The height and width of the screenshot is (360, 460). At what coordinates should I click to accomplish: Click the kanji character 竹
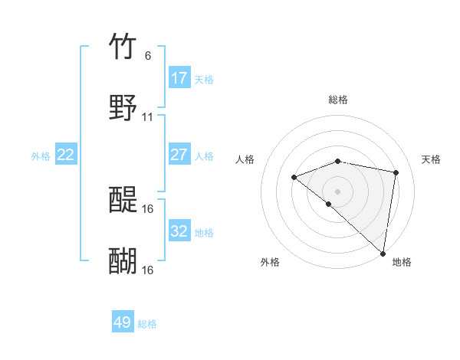pyautogui.click(x=123, y=47)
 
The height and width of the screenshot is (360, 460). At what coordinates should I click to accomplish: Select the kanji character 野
pyautogui.click(x=123, y=108)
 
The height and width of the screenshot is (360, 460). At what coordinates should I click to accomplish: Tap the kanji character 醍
pyautogui.click(x=123, y=200)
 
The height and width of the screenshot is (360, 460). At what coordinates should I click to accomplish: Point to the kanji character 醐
pyautogui.click(x=123, y=261)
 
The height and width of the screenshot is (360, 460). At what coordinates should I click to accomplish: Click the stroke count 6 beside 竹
pyautogui.click(x=147, y=55)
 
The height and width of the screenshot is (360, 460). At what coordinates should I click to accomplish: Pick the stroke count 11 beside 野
pyautogui.click(x=148, y=117)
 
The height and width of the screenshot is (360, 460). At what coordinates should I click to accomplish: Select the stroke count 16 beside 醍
pyautogui.click(x=148, y=208)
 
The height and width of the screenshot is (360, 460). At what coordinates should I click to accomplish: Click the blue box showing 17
pyautogui.click(x=179, y=78)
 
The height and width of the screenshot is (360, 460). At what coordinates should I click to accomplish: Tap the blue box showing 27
pyautogui.click(x=179, y=155)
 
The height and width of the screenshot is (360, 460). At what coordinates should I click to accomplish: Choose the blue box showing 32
pyautogui.click(x=179, y=231)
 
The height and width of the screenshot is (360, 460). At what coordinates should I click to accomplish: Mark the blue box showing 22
pyautogui.click(x=66, y=155)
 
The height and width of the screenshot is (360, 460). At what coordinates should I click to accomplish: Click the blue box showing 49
pyautogui.click(x=123, y=322)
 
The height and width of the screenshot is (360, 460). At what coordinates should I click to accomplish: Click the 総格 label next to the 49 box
pyautogui.click(x=147, y=324)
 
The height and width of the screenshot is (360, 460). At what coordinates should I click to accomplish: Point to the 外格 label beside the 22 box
pyautogui.click(x=41, y=156)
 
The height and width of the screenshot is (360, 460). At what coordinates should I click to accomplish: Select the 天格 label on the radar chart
pyautogui.click(x=431, y=159)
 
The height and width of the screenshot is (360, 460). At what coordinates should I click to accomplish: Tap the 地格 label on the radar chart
pyautogui.click(x=402, y=262)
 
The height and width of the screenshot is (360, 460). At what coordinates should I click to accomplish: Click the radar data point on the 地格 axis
pyautogui.click(x=383, y=253)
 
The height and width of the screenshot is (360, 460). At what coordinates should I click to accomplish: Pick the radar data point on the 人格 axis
pyautogui.click(x=294, y=178)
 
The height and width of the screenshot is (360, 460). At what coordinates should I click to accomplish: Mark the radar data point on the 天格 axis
pyautogui.click(x=396, y=172)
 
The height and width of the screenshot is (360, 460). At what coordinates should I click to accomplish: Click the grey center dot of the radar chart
pyautogui.click(x=337, y=191)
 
